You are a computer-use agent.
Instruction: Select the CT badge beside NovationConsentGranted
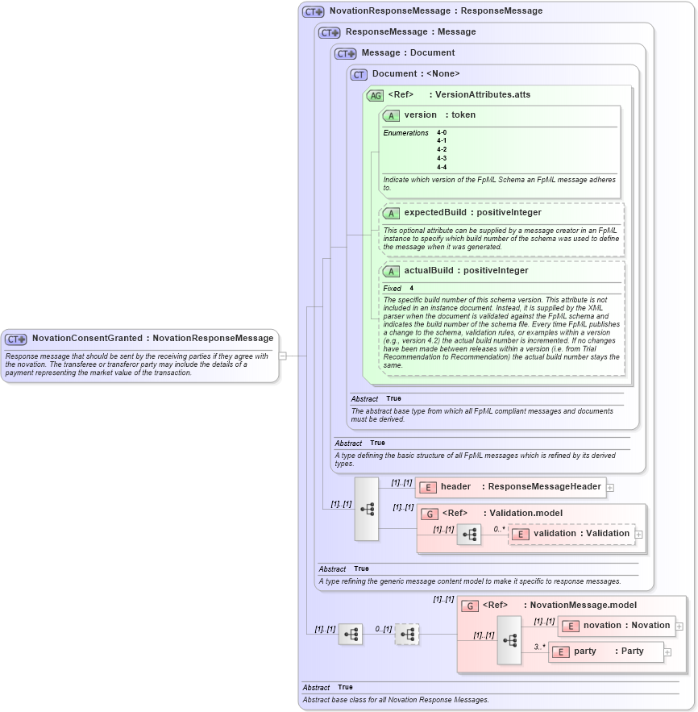pos(17,339)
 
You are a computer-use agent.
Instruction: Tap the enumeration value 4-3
pos(442,158)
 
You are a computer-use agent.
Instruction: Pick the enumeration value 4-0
pos(442,131)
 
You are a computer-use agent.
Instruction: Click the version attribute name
pos(420,115)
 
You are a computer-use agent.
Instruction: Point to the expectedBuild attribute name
pos(434,213)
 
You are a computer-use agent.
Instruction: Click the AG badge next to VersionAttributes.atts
pos(375,95)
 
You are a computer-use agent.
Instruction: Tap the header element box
pos(511,487)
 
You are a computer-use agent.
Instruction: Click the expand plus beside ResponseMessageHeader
pos(610,487)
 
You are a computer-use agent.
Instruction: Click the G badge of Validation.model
pos(430,514)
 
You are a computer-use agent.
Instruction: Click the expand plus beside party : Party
pos(667,652)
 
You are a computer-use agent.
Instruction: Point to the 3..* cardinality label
pos(539,647)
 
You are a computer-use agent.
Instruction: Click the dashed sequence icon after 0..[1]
pos(407,635)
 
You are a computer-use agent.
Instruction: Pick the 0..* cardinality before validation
pos(500,529)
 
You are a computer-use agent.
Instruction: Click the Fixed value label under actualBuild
pos(392,288)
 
